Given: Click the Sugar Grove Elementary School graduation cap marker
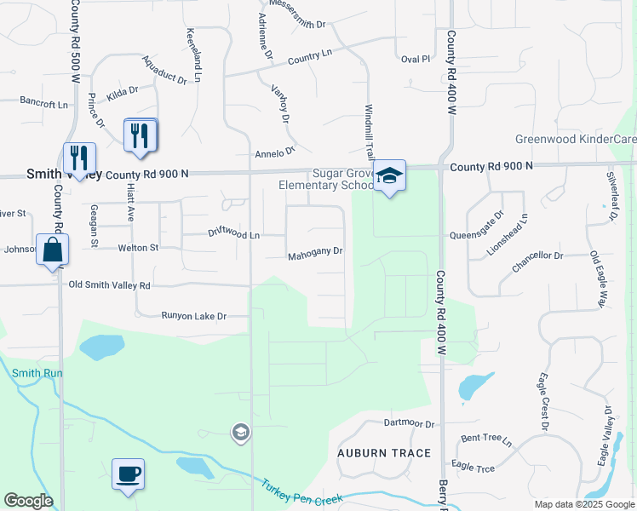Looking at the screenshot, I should coord(390,176).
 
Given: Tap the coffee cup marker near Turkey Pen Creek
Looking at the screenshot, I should coord(128,474).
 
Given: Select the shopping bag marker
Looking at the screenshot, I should coord(52,250).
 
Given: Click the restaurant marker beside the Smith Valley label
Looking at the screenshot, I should coord(79,158).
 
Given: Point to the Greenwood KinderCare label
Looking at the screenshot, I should coord(576,139).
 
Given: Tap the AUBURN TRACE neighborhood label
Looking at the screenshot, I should coord(384,452).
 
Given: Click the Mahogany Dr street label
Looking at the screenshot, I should coord(314,251).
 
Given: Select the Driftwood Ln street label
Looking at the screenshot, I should coord(233,233).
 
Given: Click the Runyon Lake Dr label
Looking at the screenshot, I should coord(194,316).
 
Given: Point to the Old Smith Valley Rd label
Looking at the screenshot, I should coord(109,285).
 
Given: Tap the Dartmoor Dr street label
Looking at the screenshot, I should coord(409,423).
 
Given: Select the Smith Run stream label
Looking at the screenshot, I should coord(32,372).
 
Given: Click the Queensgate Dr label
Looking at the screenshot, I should coord(490,223).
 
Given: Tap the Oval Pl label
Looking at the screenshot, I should coord(416,59).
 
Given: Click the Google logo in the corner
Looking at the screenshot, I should coord(28,500).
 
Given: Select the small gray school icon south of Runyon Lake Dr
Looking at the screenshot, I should coord(240,433).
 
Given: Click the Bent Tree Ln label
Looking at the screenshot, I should coord(486,441).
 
